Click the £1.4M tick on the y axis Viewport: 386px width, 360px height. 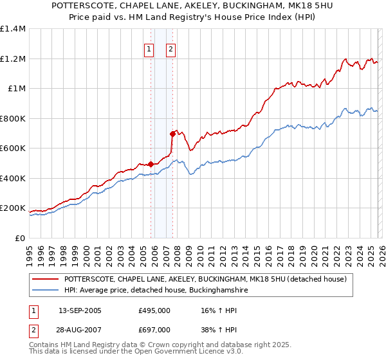pos(13,29)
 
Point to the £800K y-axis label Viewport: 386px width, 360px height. pos(13,118)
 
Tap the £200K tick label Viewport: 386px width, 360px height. pos(13,208)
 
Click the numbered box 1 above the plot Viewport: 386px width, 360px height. pos(149,49)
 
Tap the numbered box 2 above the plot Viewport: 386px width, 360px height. pos(171,49)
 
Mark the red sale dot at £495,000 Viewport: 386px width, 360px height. pos(151,164)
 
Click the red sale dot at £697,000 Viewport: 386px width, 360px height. pos(172,134)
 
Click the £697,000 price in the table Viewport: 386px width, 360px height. pos(154,329)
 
